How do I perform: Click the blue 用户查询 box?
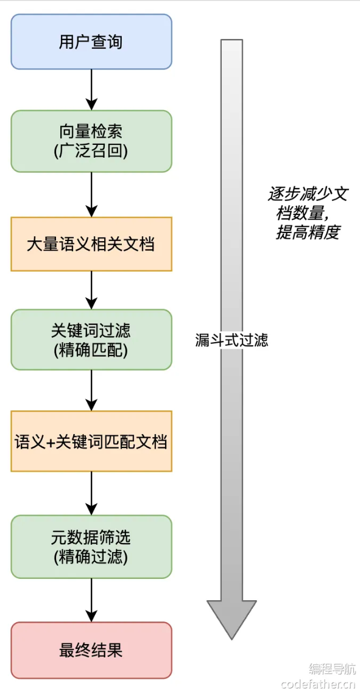tap(91, 41)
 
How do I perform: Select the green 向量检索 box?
tap(91, 141)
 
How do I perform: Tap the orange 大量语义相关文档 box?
tap(91, 244)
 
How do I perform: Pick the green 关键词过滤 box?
tap(91, 339)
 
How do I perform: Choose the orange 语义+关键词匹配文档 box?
tap(91, 441)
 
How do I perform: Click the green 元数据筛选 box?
tap(91, 546)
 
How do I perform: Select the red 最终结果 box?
tap(91, 650)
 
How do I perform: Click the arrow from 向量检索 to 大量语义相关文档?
tap(91, 194)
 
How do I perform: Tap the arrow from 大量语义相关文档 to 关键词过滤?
tap(91, 290)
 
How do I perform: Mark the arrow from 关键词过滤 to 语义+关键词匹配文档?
tap(91, 390)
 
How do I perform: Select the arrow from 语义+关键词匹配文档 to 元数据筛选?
tap(91, 493)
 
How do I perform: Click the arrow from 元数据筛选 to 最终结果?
tap(91, 600)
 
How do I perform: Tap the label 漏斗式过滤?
tap(231, 340)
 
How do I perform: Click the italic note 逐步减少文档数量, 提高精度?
tap(308, 213)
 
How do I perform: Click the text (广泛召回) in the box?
tap(91, 151)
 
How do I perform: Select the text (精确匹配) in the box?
tap(91, 351)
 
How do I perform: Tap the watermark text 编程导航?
tap(332, 668)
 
